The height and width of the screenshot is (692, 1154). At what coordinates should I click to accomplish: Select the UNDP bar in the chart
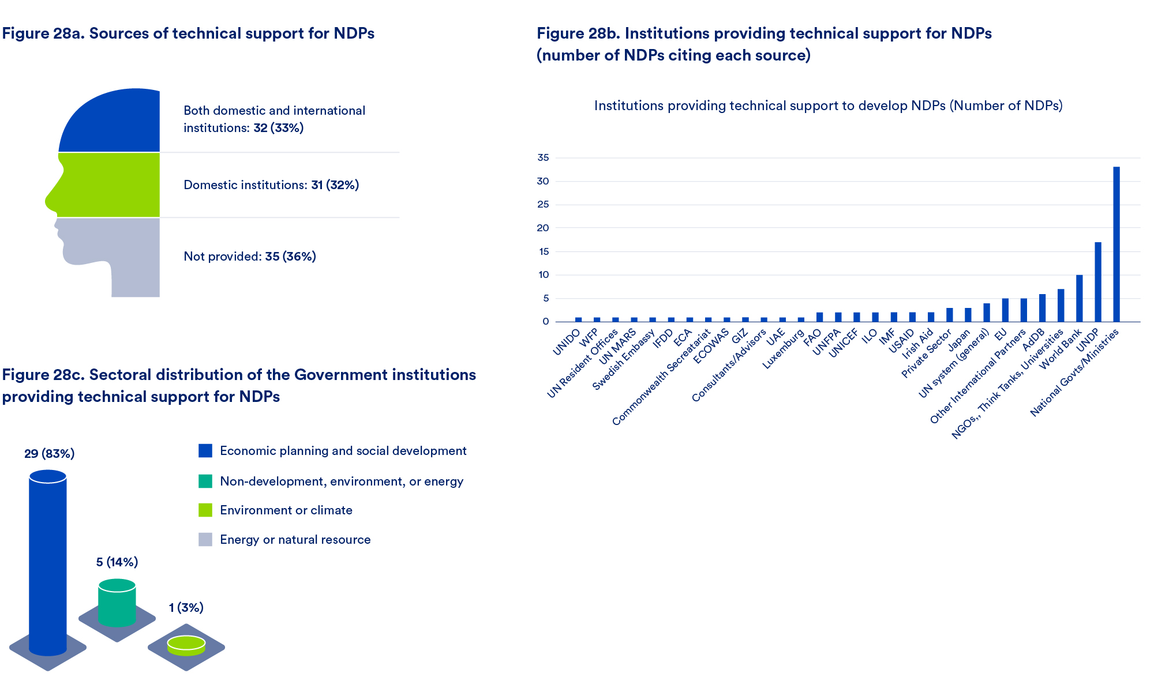tap(1097, 282)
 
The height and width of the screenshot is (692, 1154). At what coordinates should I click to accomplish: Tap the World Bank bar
tap(1079, 298)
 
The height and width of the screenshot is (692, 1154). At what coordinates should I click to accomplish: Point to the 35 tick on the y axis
tap(543, 157)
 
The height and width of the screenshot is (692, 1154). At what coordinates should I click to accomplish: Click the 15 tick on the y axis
tap(543, 251)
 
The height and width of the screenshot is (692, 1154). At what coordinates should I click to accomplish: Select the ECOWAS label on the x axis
tap(711, 346)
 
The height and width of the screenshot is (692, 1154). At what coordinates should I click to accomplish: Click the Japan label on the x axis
tap(960, 339)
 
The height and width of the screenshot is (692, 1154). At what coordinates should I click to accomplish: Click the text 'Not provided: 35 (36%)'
tap(249, 257)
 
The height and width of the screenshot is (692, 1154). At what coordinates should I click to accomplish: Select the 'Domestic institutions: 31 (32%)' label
tap(271, 185)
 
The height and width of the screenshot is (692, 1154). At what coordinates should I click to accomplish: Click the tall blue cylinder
tap(48, 562)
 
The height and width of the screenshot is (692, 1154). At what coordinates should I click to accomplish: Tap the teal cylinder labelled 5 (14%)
tap(117, 603)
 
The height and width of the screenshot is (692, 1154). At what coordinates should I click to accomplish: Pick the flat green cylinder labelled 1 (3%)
tap(186, 646)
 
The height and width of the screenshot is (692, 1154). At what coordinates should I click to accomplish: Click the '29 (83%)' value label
tap(50, 454)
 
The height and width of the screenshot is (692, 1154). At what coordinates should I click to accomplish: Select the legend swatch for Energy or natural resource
tap(205, 539)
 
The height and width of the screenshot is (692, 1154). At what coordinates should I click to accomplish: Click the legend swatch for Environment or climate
tap(205, 510)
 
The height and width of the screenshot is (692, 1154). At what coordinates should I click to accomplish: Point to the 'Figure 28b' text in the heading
tap(578, 33)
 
